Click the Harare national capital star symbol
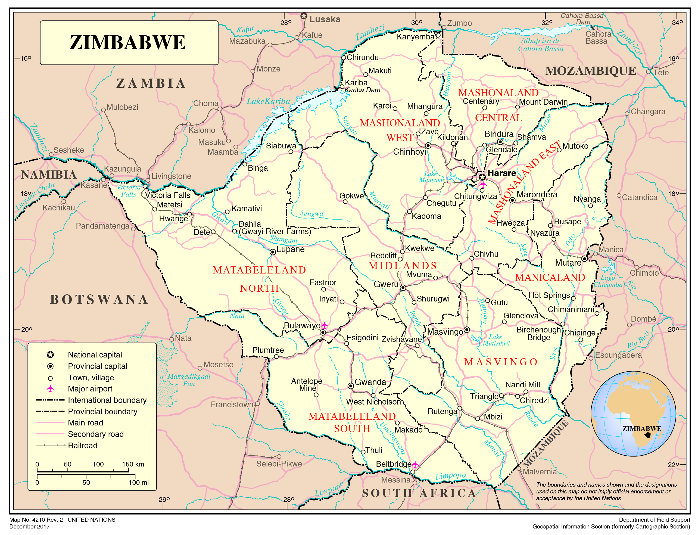pyautogui.click(x=482, y=177)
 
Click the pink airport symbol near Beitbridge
pyautogui.click(x=415, y=464)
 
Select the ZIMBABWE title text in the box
pyautogui.click(x=127, y=42)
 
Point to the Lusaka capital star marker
pyautogui.click(x=304, y=16)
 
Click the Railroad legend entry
pyautogui.click(x=82, y=446)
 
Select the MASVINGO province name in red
pyautogui.click(x=501, y=362)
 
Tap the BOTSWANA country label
pyautogui.click(x=99, y=299)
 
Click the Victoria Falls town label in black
pyautogui.click(x=167, y=195)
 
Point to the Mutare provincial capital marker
pyautogui.click(x=584, y=259)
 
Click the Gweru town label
pyautogui.click(x=386, y=284)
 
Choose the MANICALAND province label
pyautogui.click(x=550, y=277)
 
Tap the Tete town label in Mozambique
pyautogui.click(x=661, y=73)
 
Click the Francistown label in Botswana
pyautogui.click(x=232, y=405)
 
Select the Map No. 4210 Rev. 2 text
pyautogui.click(x=36, y=520)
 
